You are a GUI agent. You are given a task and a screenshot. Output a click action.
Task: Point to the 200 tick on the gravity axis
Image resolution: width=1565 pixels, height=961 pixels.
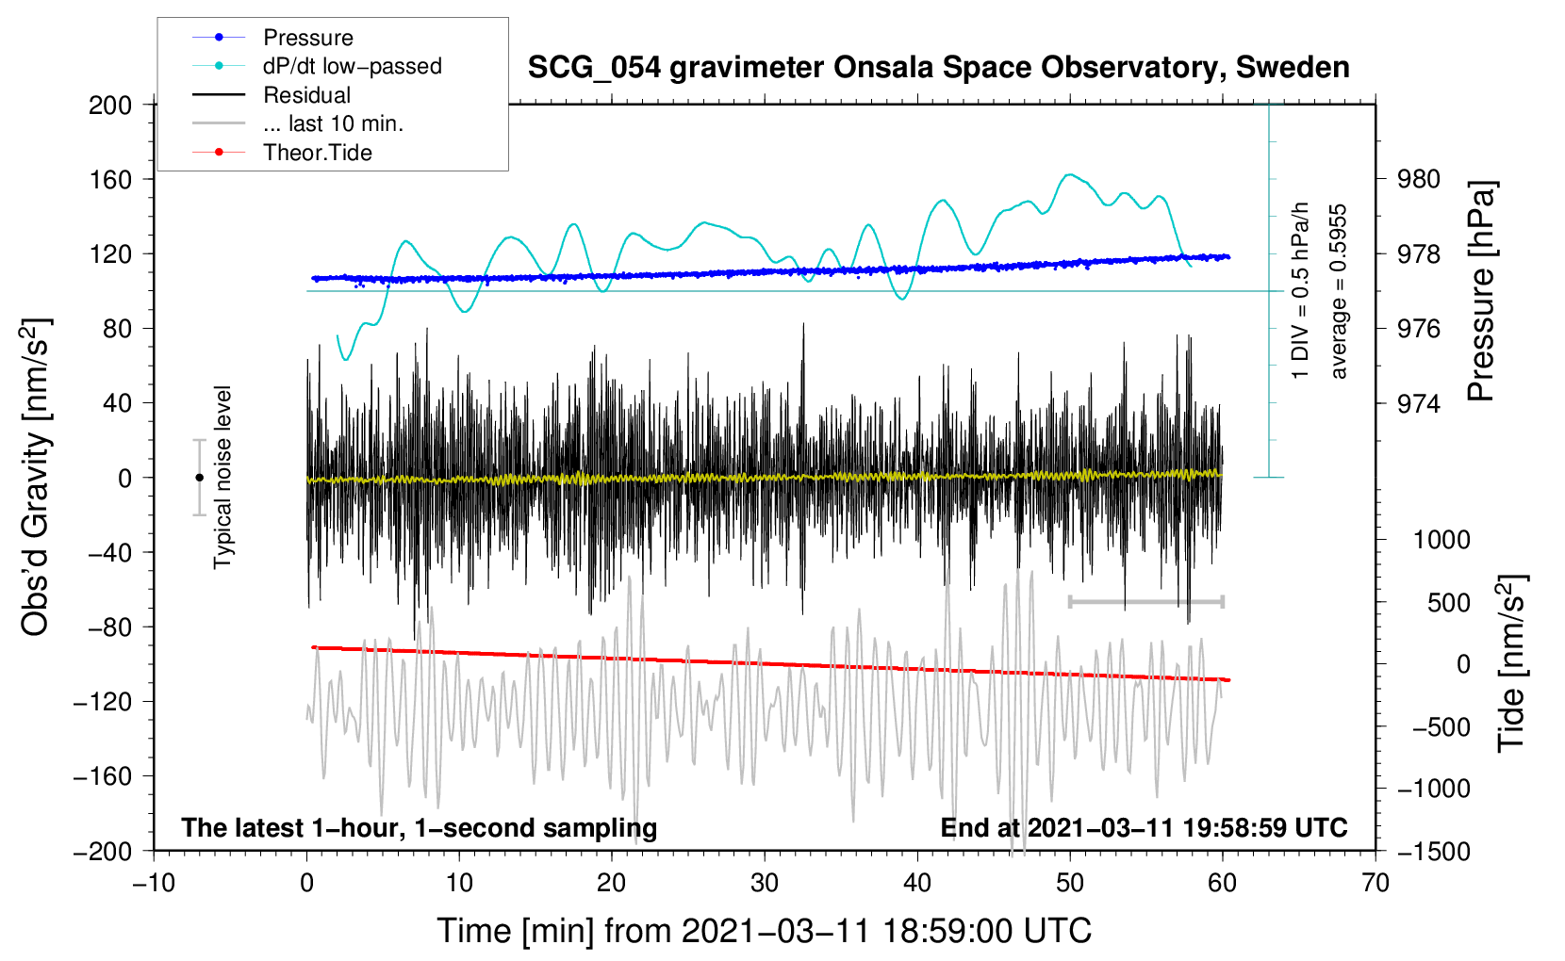pyautogui.click(x=110, y=106)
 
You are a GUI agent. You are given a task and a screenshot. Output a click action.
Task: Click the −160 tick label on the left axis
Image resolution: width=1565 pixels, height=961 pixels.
pyautogui.click(x=103, y=776)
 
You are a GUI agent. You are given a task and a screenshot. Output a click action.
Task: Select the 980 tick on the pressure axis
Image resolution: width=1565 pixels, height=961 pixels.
pyautogui.click(x=1418, y=180)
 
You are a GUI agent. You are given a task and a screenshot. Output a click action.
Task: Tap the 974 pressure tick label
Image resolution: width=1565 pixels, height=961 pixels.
pyautogui.click(x=1418, y=403)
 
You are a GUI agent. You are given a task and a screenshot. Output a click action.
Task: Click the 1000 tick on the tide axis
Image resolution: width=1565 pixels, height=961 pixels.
pyautogui.click(x=1441, y=540)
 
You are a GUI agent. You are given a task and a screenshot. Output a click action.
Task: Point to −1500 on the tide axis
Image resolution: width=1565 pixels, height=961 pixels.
pyautogui.click(x=1434, y=852)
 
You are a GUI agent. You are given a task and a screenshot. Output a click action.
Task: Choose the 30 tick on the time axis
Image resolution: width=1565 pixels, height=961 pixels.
pyautogui.click(x=765, y=884)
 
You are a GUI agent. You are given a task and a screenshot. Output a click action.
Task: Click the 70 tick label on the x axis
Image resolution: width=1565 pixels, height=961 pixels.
pyautogui.click(x=1375, y=884)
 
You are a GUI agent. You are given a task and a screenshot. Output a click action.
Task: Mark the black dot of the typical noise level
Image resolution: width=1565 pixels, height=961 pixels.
pyautogui.click(x=199, y=478)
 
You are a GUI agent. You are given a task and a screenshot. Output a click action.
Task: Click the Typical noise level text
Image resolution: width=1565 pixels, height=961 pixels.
pyautogui.click(x=222, y=478)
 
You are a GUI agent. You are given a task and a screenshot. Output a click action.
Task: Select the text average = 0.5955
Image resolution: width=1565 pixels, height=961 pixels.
pyautogui.click(x=1338, y=291)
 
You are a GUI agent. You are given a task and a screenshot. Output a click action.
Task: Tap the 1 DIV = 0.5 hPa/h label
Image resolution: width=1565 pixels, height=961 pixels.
pyautogui.click(x=1300, y=291)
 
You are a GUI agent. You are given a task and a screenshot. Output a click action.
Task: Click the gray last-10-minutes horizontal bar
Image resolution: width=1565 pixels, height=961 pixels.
pyautogui.click(x=1145, y=601)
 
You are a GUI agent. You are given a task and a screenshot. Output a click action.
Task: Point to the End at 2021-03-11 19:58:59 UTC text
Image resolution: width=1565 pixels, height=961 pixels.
pyautogui.click(x=1144, y=827)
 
